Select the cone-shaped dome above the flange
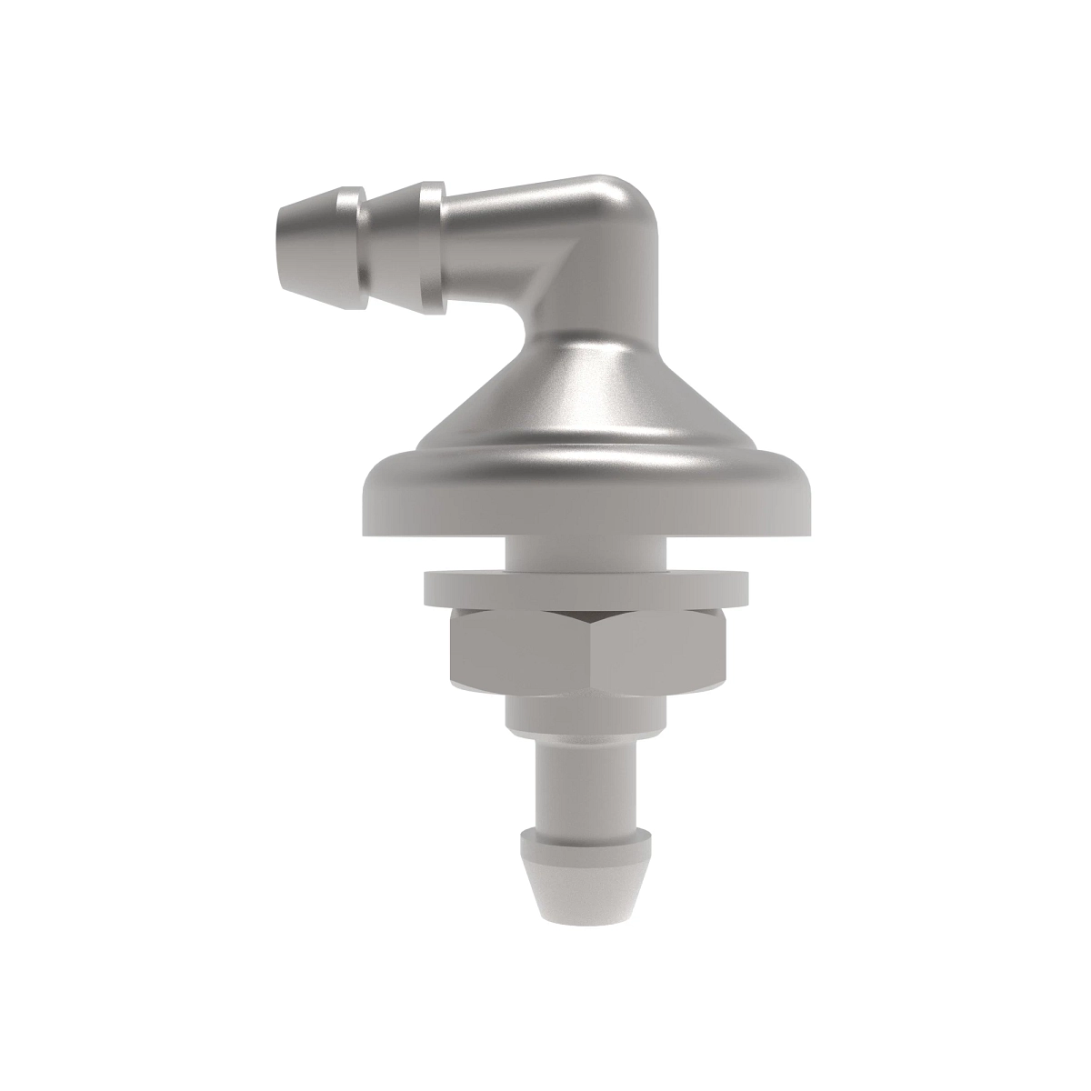(582, 400)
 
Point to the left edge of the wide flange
(365, 500)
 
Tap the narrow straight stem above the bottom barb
(582, 768)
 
